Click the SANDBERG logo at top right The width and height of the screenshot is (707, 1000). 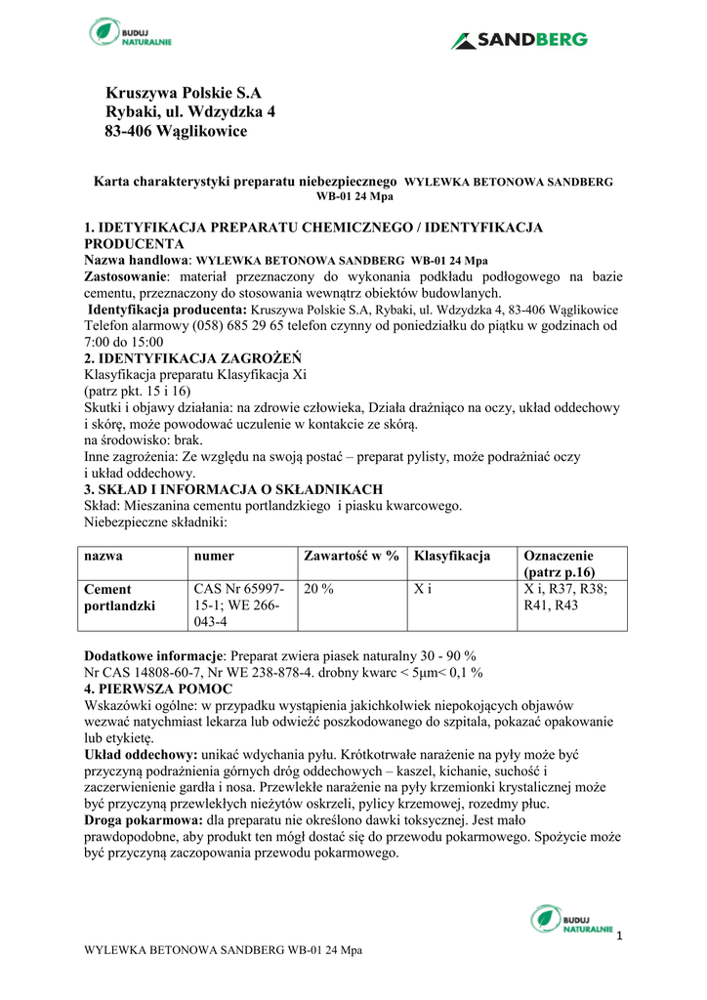519,40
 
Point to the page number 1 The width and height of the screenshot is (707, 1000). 619,937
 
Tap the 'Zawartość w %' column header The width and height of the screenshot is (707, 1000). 352,556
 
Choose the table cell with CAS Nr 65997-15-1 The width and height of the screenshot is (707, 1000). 239,605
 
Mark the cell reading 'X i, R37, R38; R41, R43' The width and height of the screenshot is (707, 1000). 565,598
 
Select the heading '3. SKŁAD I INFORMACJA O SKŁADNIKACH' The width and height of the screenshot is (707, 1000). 233,489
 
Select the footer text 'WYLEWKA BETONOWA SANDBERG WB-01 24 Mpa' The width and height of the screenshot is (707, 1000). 224,950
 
